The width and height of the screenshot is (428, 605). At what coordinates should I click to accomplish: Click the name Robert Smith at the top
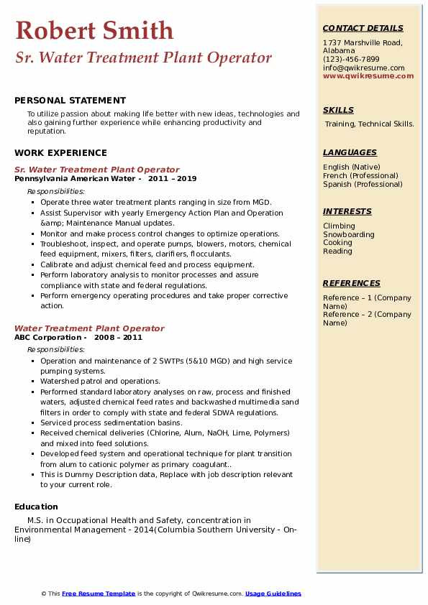coord(94,30)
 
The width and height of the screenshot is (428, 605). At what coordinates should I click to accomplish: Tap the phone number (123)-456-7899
coord(351,59)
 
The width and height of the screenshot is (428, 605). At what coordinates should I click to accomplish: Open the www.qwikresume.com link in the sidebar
coord(368,75)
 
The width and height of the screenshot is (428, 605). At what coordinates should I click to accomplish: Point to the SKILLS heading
coord(338,110)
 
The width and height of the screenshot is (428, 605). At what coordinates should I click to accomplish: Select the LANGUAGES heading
coord(350,152)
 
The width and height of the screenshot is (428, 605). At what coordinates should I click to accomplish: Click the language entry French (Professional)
coord(360,175)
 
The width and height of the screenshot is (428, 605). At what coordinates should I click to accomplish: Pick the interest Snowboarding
coord(348,234)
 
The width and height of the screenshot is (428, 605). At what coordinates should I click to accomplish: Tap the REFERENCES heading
coord(352,283)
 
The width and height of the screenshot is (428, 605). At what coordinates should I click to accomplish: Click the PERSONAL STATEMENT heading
coord(70,101)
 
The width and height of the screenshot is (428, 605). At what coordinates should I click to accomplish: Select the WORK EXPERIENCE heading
coord(60,153)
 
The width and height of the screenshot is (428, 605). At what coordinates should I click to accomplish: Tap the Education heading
coord(36,507)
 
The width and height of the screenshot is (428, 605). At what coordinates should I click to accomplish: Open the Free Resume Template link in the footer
coord(99,594)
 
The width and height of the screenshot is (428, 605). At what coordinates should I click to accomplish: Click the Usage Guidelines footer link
coord(273,594)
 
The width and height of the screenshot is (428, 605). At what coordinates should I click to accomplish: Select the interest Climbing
coord(339,226)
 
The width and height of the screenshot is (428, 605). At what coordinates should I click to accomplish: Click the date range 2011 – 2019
coord(172,179)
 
